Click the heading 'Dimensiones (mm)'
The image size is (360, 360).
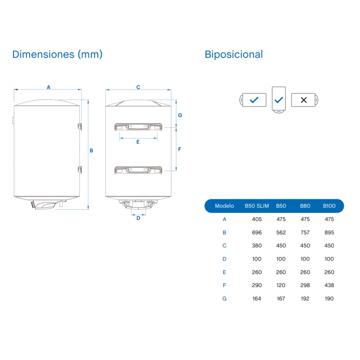(58, 54)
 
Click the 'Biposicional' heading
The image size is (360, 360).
(234, 54)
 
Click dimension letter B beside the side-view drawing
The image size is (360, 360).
(91, 150)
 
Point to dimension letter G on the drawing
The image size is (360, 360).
(180, 115)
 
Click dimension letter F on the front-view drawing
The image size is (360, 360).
(180, 149)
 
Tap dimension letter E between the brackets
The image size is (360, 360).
(138, 142)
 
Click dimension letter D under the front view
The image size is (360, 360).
(138, 219)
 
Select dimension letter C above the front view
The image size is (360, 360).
(138, 87)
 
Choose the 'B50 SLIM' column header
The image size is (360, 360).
(257, 206)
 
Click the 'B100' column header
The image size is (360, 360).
(329, 206)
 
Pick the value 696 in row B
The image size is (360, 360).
(257, 233)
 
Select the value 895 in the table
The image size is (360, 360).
(329, 233)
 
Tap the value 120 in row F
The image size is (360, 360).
(281, 285)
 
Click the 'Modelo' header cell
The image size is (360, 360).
(225, 206)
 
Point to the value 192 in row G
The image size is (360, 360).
(305, 298)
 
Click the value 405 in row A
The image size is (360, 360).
(257, 220)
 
